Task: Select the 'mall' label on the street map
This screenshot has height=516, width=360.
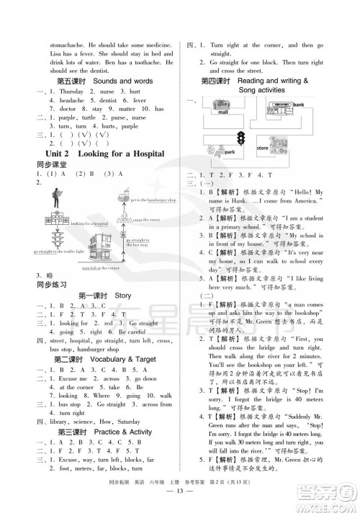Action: click(x=222, y=113)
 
